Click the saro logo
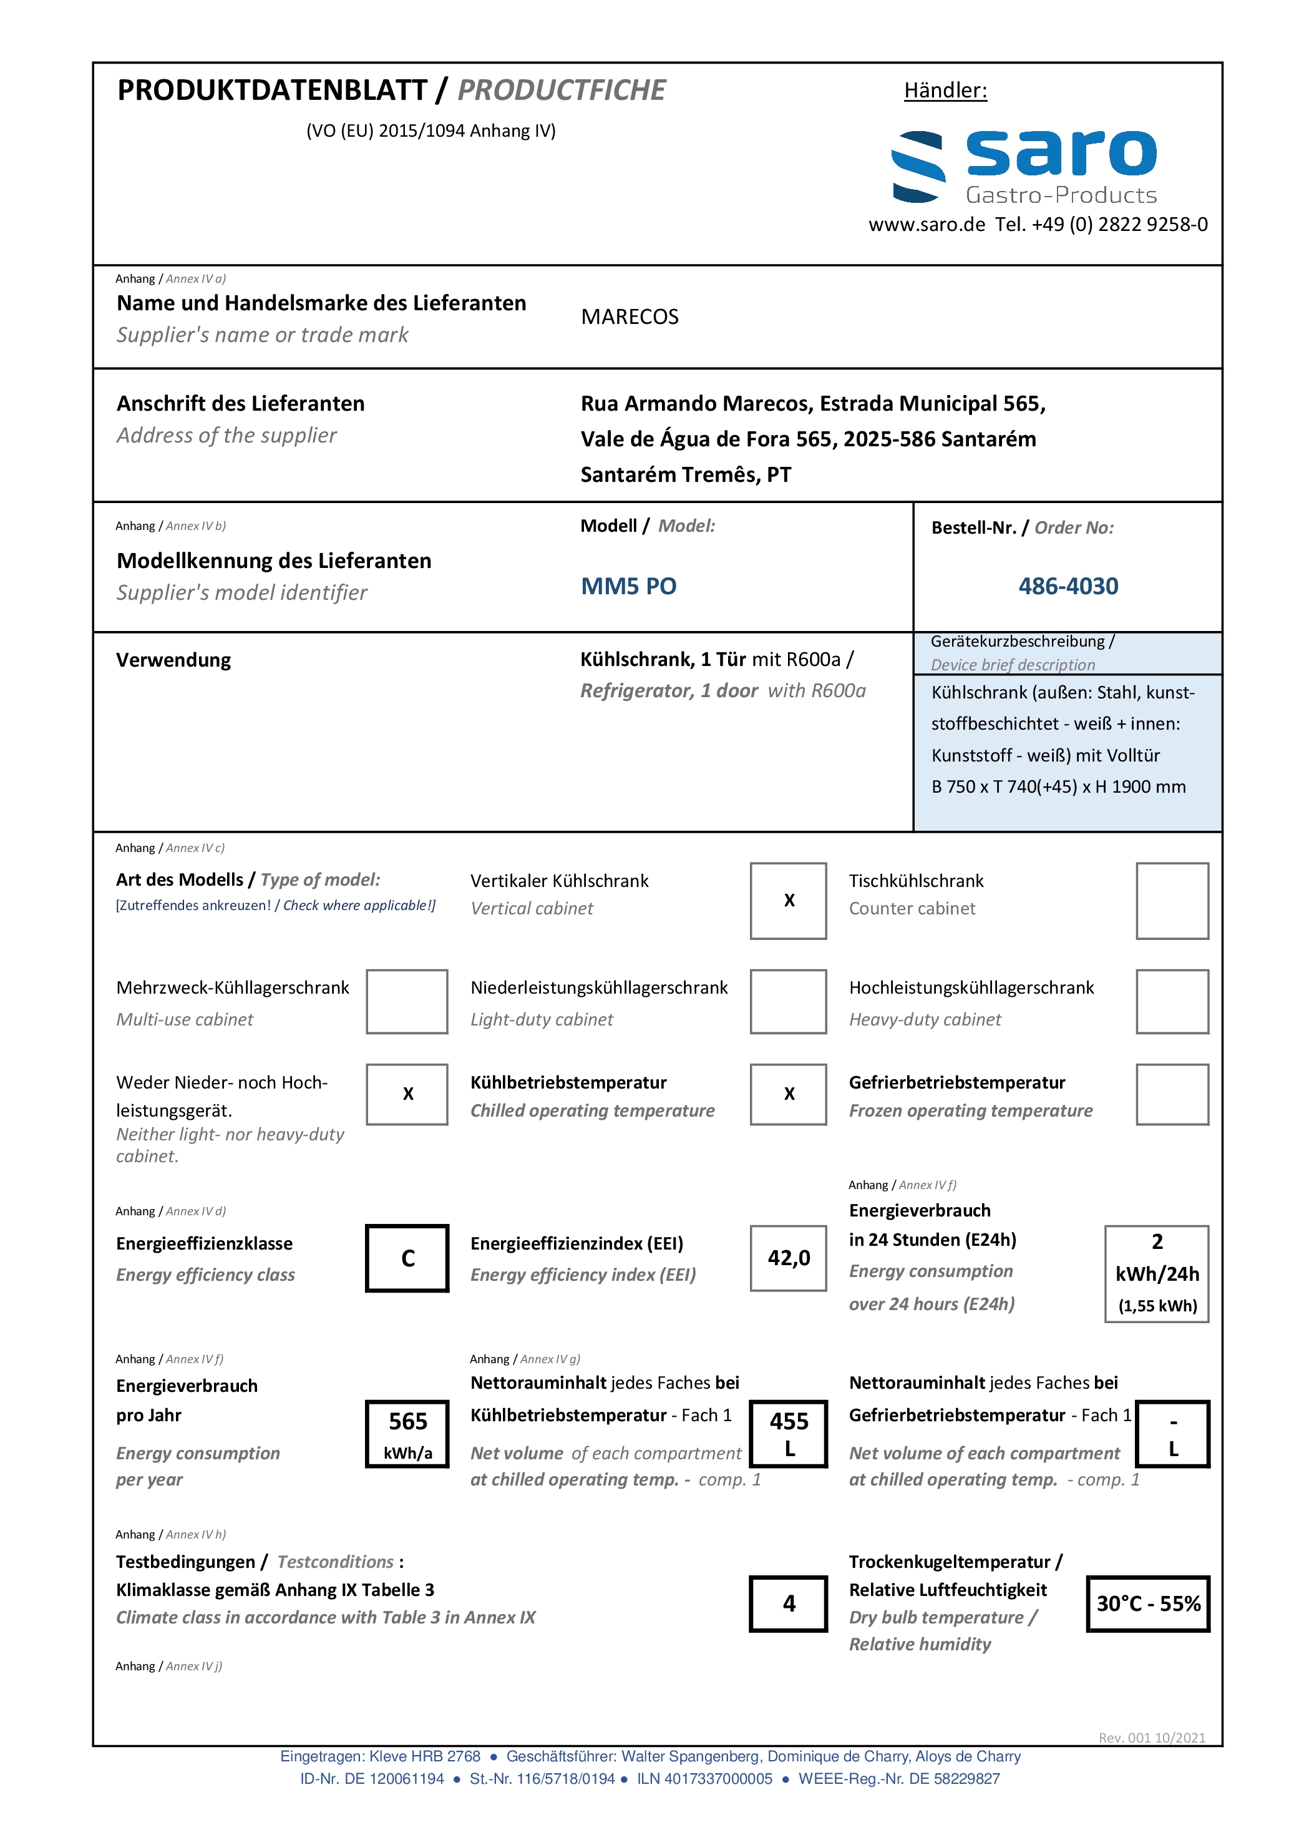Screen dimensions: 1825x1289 (x=1024, y=166)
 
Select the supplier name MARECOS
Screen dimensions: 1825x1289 (x=630, y=317)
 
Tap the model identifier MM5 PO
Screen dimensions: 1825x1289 (x=629, y=587)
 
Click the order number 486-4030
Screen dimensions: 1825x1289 (x=1068, y=587)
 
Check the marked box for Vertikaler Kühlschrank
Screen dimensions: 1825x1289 (x=789, y=901)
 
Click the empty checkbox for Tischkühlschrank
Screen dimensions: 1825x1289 (x=1172, y=901)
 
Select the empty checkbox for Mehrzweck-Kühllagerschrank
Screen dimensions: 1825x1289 (x=407, y=1002)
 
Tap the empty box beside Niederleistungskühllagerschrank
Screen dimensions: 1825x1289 (x=789, y=1002)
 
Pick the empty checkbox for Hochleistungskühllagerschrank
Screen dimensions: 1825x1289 (x=1172, y=1002)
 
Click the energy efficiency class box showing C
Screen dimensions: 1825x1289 (x=407, y=1258)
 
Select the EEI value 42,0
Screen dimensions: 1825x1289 (x=789, y=1258)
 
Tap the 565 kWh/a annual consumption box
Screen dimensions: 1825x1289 (x=407, y=1434)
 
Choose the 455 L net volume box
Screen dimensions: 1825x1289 (x=789, y=1434)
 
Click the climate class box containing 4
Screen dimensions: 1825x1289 (x=789, y=1604)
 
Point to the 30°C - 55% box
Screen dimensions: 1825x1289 (x=1149, y=1604)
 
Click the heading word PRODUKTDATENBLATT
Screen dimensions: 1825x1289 (x=273, y=91)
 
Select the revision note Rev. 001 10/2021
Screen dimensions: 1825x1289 (x=1152, y=1738)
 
